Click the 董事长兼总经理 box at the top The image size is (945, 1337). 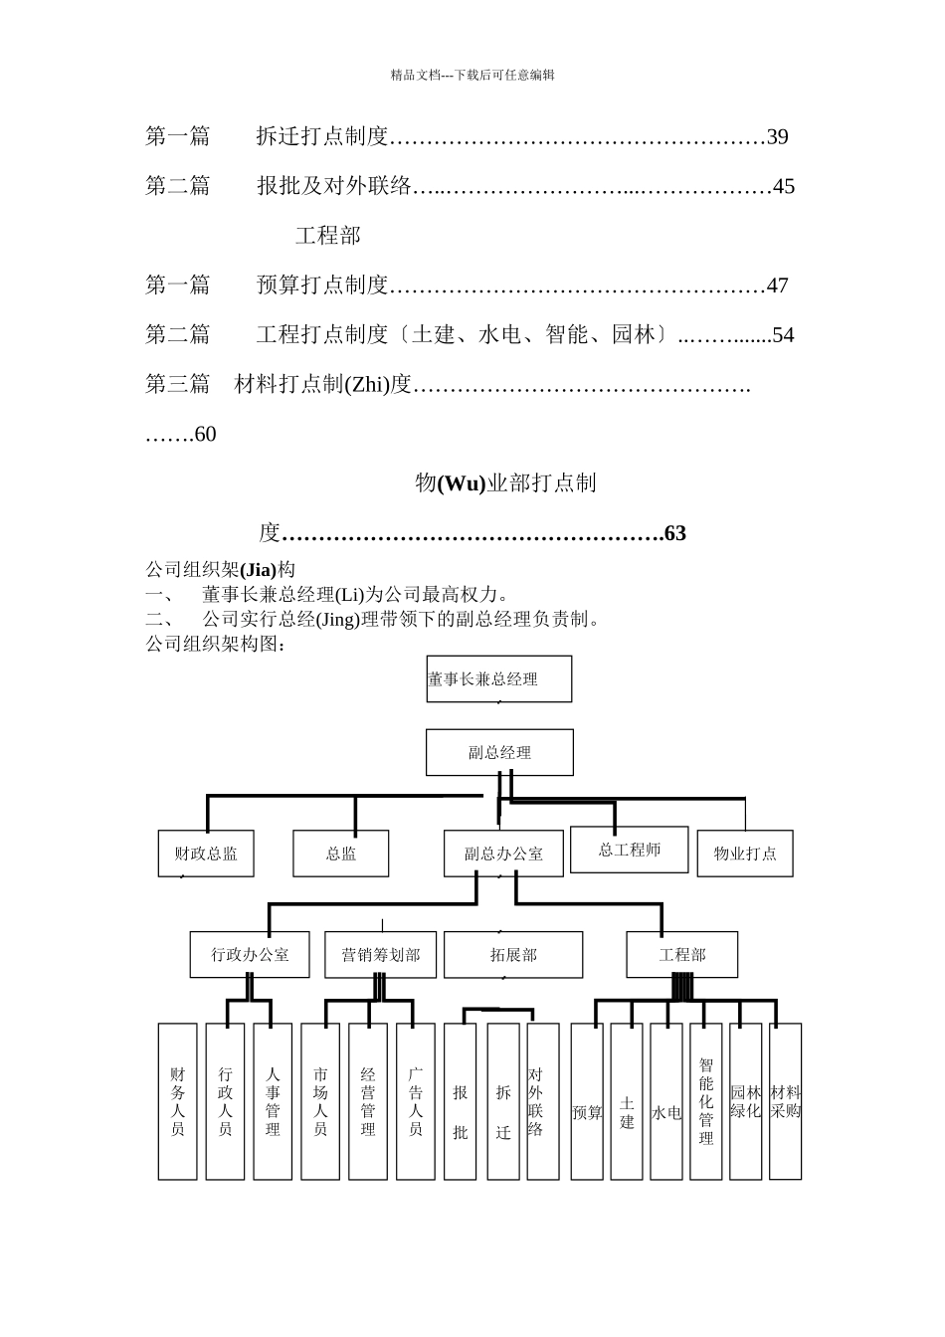point(499,679)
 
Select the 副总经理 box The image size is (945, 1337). point(499,753)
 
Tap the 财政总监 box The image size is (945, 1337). point(206,854)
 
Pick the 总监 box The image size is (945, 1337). point(341,854)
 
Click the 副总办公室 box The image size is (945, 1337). point(503,854)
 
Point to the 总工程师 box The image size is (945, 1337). point(629,850)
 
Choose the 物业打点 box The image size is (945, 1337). point(745,854)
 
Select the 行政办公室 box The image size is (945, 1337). point(250,955)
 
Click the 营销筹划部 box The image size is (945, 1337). point(380,955)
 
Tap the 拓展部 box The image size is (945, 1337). point(513,955)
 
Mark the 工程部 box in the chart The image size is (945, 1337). point(682,955)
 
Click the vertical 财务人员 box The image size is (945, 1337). point(178,1101)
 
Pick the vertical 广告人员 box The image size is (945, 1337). point(416,1101)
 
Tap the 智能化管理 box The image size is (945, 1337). point(706,1101)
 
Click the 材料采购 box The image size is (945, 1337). point(786,1101)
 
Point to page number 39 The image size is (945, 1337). point(777,137)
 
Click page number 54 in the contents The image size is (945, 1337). point(783,335)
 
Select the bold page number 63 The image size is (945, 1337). point(674,534)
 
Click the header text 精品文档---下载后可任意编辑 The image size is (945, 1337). point(472,75)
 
